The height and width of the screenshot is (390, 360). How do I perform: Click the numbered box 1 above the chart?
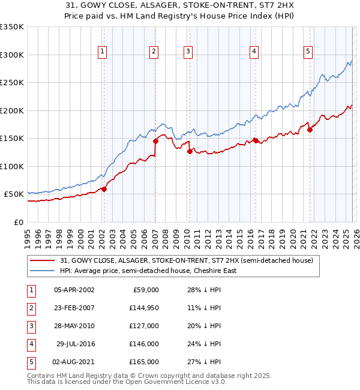point(103,52)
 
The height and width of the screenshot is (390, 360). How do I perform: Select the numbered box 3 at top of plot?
point(188,52)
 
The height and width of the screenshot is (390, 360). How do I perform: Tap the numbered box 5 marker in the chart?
point(308,52)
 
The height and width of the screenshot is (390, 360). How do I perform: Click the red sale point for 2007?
point(155,142)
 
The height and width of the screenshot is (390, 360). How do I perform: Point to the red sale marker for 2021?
point(310,130)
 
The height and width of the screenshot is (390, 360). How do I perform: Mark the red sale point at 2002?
point(104,189)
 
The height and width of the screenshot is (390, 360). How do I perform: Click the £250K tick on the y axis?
point(12,82)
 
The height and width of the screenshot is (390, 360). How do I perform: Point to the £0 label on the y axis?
point(19,222)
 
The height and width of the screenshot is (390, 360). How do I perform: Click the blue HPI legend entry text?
point(148,271)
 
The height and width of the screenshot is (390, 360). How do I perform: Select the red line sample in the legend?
point(42,260)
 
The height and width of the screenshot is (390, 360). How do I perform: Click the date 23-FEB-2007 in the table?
point(74,308)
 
